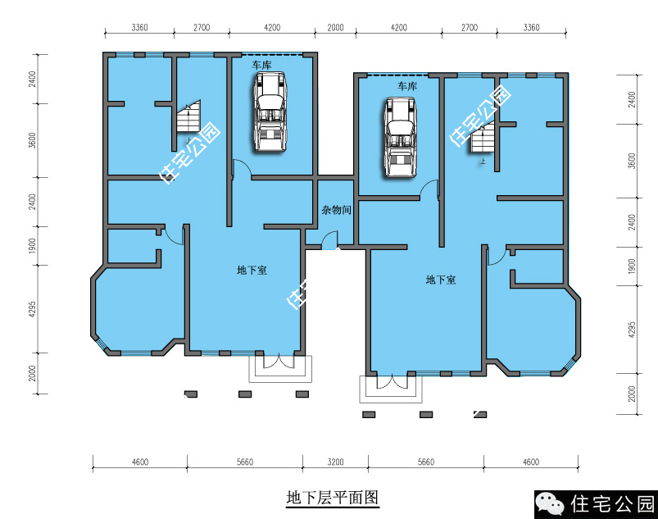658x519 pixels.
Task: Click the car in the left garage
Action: tap(270, 112)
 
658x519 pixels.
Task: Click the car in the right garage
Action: tap(401, 137)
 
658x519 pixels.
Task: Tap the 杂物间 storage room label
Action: tap(336, 210)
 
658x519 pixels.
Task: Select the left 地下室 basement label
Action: tap(252, 270)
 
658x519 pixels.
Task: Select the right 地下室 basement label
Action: tap(441, 280)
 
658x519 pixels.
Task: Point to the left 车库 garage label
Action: tap(261, 65)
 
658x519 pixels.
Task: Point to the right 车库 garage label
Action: tap(407, 86)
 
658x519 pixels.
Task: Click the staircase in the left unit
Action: tap(188, 116)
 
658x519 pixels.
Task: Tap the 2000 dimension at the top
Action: tap(335, 28)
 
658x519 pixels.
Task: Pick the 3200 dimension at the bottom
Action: tap(335, 462)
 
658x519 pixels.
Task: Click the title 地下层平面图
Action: tap(333, 498)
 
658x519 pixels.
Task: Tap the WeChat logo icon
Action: tap(551, 503)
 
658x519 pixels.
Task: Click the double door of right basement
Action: tap(392, 381)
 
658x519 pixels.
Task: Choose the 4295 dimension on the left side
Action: tap(32, 309)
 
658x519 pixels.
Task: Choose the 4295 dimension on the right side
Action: tap(632, 330)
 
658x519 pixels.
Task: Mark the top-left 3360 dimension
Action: tap(139, 28)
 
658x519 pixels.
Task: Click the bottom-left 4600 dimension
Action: tap(140, 462)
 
